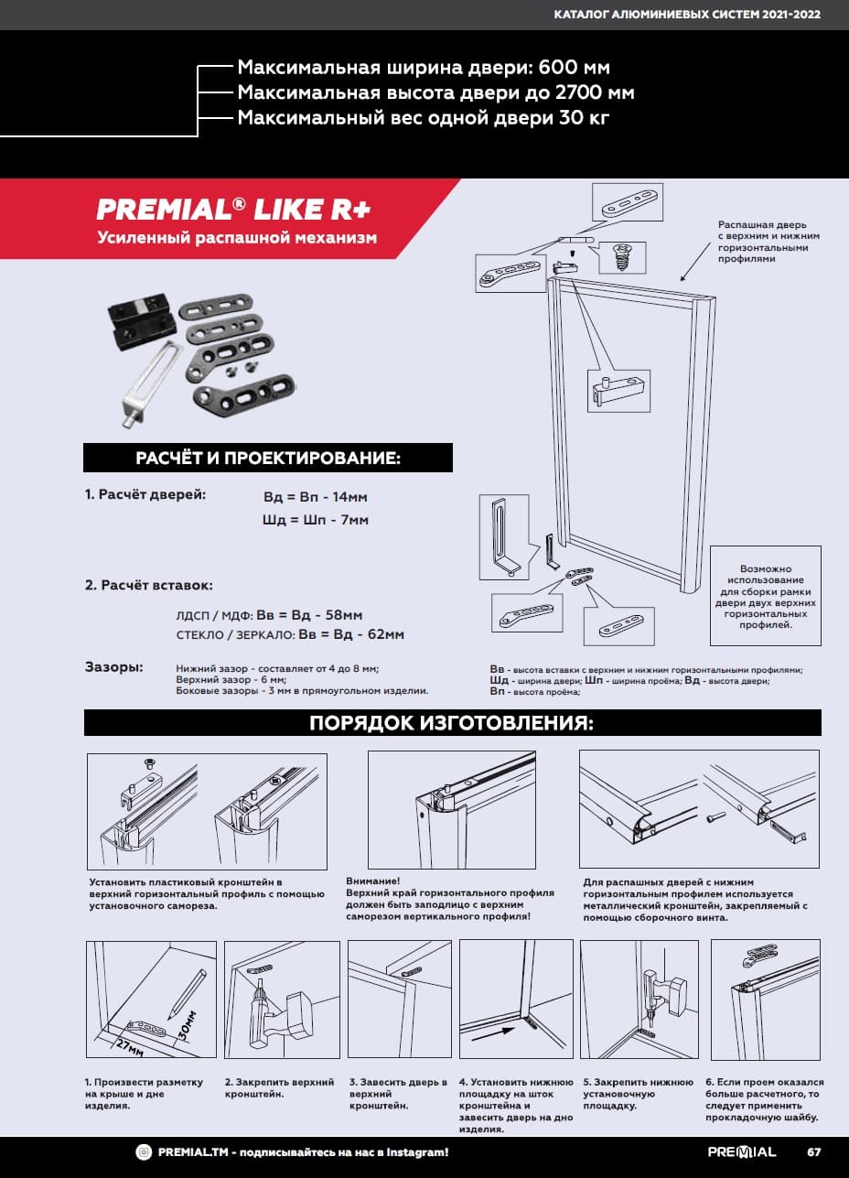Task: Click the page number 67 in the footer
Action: tap(813, 1151)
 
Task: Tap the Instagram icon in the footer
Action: tap(145, 1151)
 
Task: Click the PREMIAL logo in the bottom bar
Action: tap(741, 1151)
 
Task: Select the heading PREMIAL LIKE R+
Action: tap(233, 209)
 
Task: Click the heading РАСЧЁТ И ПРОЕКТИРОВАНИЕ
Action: tap(268, 458)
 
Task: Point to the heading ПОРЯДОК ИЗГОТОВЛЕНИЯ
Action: tap(452, 723)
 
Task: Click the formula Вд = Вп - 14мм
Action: tap(316, 497)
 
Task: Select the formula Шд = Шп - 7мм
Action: tap(316, 520)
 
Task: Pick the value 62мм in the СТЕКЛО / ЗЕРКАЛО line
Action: tap(384, 634)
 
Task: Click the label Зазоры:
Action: tap(113, 667)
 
